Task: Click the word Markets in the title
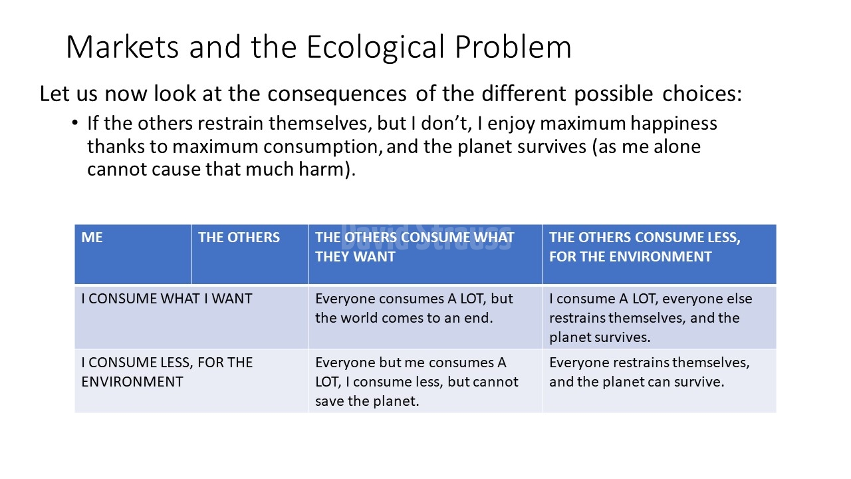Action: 122,47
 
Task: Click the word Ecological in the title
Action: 376,48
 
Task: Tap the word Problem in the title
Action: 513,47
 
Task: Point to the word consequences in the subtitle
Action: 336,94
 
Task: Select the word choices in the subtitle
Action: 701,93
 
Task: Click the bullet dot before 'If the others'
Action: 75,123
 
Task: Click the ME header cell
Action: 133,254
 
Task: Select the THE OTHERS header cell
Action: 250,254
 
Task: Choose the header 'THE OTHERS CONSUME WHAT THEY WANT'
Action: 425,254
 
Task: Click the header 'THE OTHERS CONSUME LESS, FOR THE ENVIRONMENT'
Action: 660,254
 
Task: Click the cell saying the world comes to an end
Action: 425,317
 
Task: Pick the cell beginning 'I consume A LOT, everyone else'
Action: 660,317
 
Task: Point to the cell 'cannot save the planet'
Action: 425,381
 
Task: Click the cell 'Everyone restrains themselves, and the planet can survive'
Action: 660,381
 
